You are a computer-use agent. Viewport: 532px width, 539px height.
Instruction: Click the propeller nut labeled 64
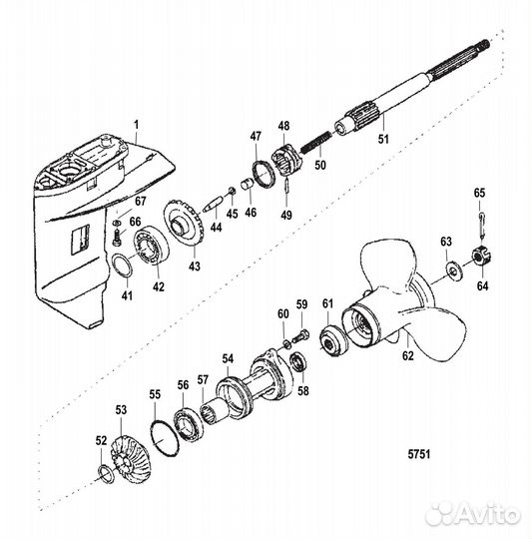click(477, 257)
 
